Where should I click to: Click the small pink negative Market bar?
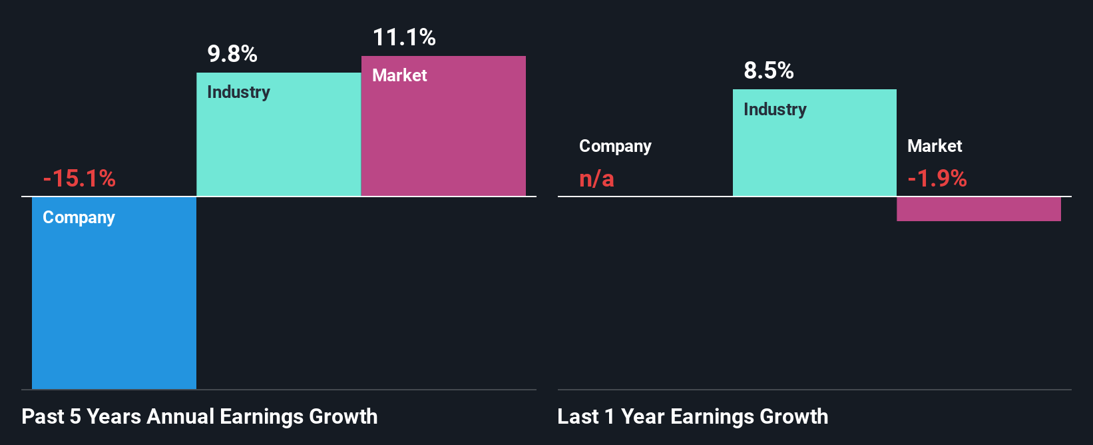click(x=979, y=209)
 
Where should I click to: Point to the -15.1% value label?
click(x=79, y=179)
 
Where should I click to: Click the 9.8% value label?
click(x=232, y=54)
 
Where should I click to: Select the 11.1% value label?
click(x=404, y=37)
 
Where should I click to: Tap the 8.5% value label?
click(x=769, y=71)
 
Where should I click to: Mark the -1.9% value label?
click(x=937, y=179)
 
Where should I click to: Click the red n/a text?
click(x=596, y=179)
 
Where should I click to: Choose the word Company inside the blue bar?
click(x=79, y=218)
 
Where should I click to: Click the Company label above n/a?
click(x=615, y=146)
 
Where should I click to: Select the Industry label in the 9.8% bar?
click(x=238, y=92)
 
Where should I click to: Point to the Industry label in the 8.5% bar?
click(x=775, y=109)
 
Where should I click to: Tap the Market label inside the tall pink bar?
click(x=399, y=75)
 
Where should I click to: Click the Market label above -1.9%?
click(x=935, y=146)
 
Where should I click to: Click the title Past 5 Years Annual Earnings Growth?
click(x=200, y=416)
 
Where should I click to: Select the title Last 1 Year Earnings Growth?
click(x=693, y=416)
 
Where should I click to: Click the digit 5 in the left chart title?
click(x=75, y=416)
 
